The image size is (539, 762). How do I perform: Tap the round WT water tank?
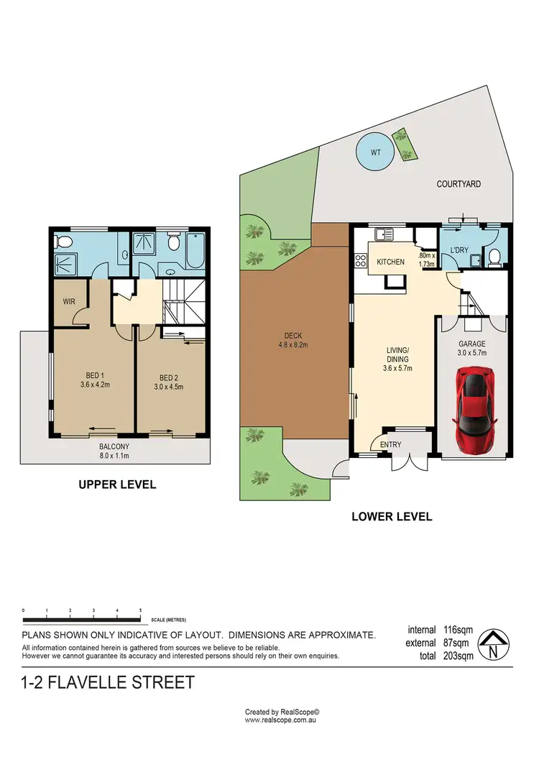click(374, 152)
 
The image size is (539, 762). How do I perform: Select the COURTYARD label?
click(459, 184)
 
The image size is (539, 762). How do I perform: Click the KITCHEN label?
click(390, 262)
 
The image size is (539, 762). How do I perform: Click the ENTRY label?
click(390, 444)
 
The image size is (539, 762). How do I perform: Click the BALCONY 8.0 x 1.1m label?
click(116, 450)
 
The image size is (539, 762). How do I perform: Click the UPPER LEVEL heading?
click(117, 485)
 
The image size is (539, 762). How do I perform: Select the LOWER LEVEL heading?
click(391, 516)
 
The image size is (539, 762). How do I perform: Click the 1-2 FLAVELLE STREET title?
click(109, 681)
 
